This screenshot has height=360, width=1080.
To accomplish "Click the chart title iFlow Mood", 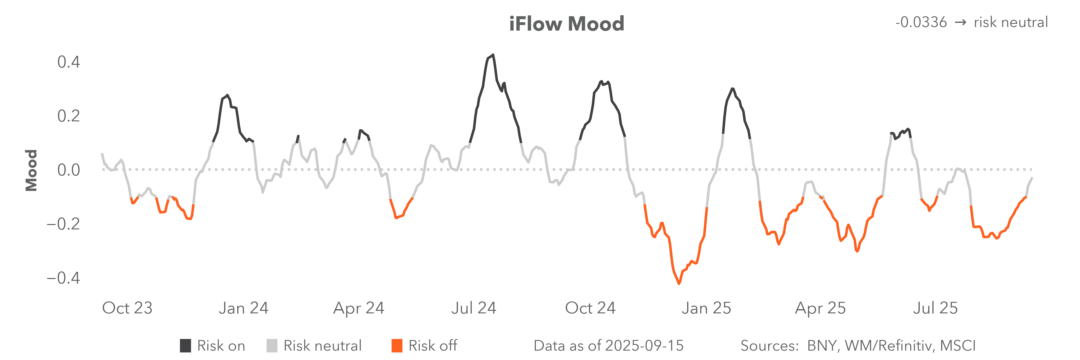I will point(566,24).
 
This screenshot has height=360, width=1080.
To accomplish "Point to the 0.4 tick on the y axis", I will point(68,62).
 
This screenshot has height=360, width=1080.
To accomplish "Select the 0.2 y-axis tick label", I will point(68,116).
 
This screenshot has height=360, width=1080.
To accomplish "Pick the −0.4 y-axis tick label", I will point(63,278).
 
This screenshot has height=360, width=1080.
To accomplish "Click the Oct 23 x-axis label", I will point(127,308).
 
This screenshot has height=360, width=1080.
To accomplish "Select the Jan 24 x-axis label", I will point(243,308).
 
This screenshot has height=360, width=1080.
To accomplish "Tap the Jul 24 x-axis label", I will point(473,308).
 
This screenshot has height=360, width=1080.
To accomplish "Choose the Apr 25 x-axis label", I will point(820,308).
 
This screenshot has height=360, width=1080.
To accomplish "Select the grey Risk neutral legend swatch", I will point(272,346).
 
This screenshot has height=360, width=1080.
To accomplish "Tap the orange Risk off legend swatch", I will point(397,346).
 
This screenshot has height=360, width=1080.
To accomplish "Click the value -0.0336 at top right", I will point(921,22).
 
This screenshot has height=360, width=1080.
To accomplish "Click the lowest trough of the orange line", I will point(679,284).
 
